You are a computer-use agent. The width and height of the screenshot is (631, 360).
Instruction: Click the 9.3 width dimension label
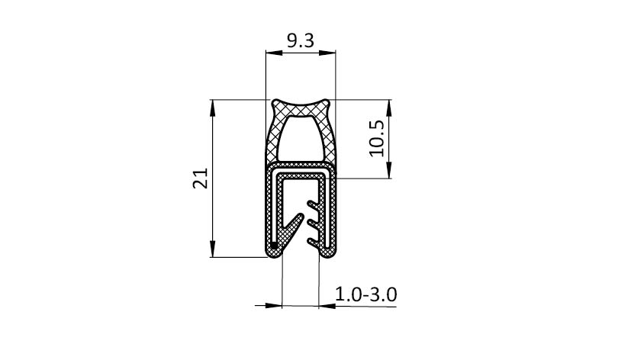click(x=300, y=40)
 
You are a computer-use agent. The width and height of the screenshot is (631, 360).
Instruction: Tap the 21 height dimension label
click(x=201, y=178)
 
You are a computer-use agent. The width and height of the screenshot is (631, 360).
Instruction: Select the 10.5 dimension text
click(x=377, y=138)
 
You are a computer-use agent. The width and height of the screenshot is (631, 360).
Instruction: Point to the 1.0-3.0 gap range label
click(x=365, y=294)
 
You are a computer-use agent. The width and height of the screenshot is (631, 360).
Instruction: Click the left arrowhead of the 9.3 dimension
click(x=274, y=53)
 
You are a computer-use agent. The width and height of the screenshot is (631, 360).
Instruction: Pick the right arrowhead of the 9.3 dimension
click(x=327, y=53)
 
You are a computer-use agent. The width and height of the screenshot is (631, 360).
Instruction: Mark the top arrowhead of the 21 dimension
click(x=213, y=108)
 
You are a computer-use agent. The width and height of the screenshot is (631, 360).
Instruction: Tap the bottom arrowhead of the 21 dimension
click(x=213, y=249)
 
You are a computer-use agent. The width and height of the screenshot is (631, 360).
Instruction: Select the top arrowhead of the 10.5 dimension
click(x=388, y=108)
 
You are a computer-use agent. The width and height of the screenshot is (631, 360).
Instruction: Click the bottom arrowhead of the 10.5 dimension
click(x=388, y=170)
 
